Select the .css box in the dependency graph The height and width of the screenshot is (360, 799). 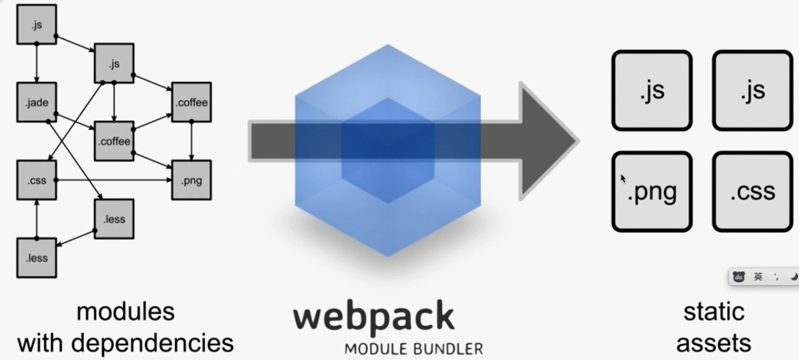(x=36, y=180)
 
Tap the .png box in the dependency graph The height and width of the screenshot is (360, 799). (x=191, y=180)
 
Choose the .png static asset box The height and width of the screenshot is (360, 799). (x=651, y=191)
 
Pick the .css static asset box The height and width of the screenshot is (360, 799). (x=753, y=191)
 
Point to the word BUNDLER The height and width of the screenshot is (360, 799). (x=452, y=349)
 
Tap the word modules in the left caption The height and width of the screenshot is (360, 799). (x=125, y=312)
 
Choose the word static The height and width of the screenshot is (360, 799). (x=713, y=312)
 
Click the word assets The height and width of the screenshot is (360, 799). (x=713, y=343)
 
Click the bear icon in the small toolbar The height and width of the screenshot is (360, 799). (x=739, y=277)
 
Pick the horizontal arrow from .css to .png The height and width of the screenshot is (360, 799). (x=115, y=180)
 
